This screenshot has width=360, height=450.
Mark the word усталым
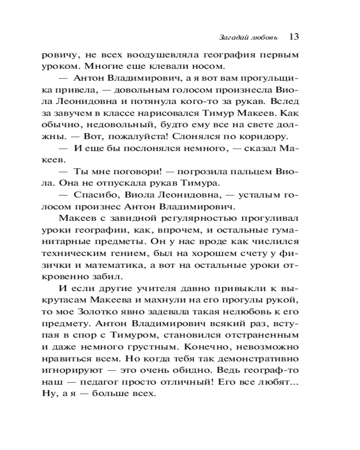point(258,195)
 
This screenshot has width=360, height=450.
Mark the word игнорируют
point(77,370)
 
